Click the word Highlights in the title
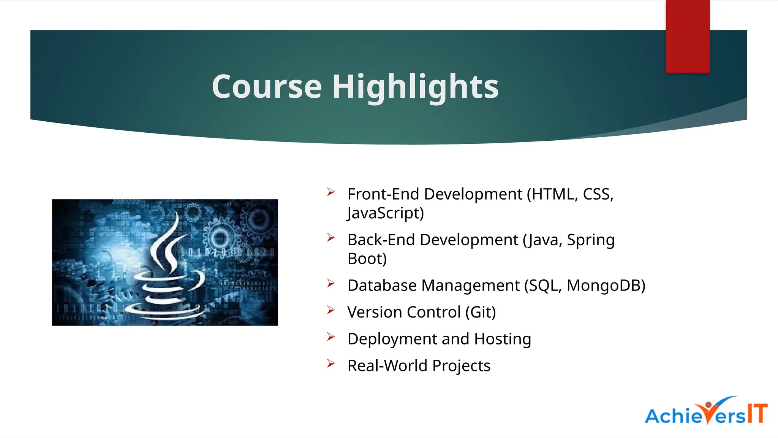415,87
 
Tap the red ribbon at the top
688,36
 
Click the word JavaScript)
385,213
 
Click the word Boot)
367,259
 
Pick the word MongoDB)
606,286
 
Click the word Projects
461,366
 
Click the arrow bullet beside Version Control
331,310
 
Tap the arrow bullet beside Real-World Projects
331,364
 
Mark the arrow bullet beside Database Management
331,284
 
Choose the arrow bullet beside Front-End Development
331,192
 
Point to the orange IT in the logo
757,413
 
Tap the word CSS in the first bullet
598,194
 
